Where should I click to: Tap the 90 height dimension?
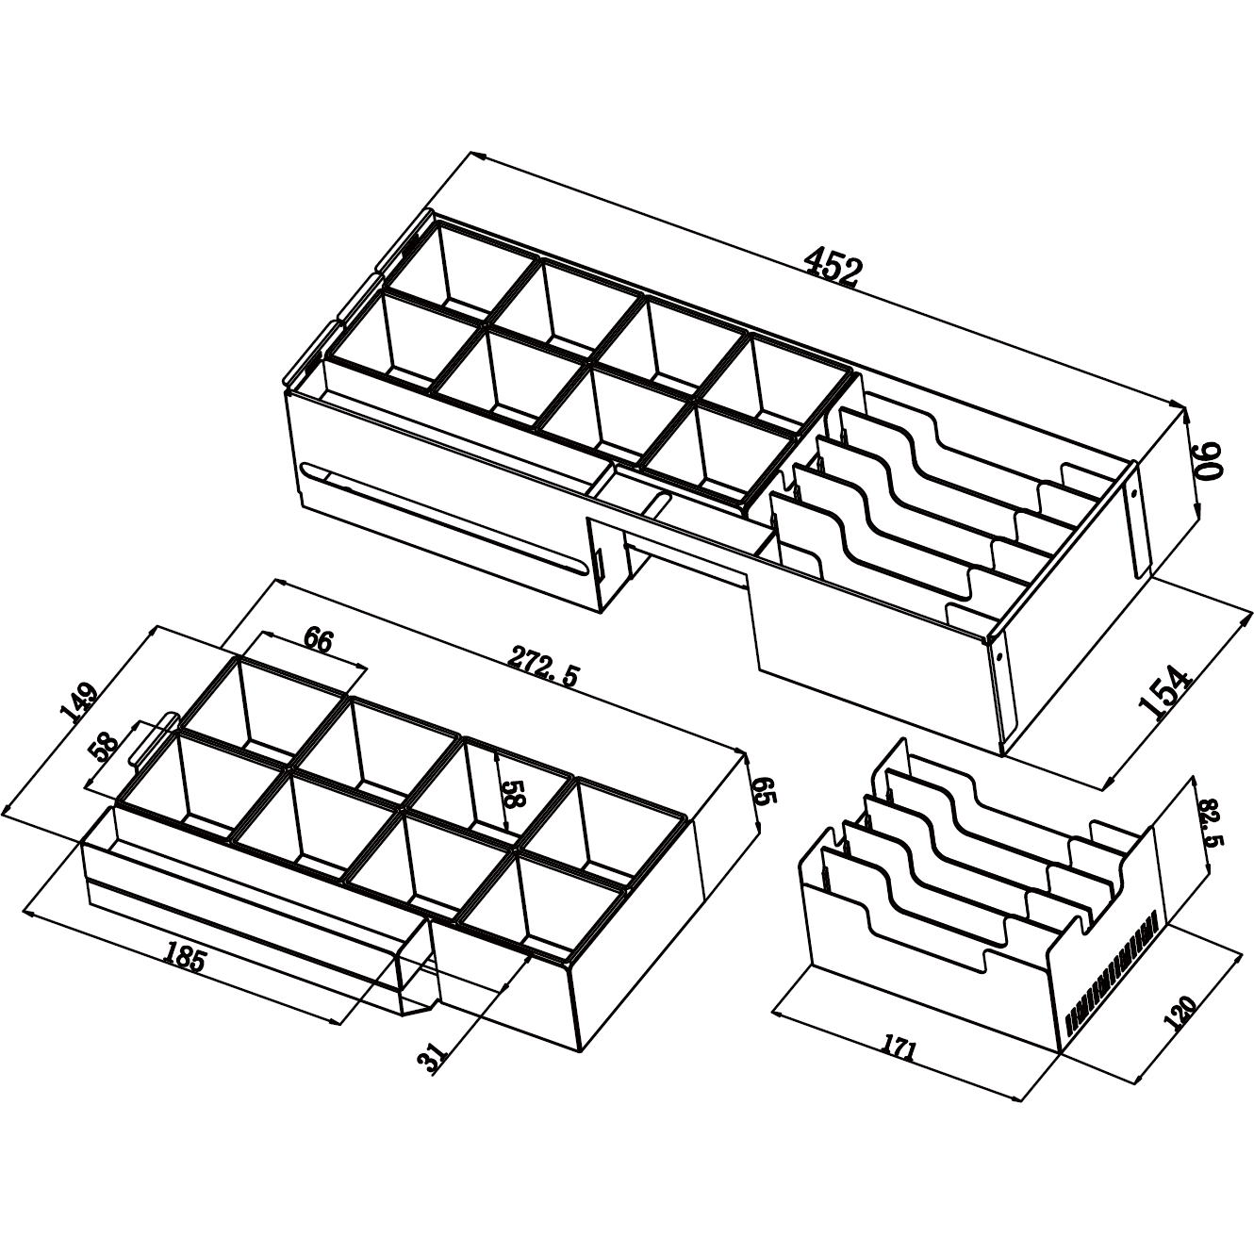(1208, 461)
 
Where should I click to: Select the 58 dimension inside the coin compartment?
(514, 791)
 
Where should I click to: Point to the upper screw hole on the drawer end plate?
(1133, 495)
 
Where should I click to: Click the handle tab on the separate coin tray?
(154, 737)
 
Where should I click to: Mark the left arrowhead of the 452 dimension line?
(477, 156)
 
